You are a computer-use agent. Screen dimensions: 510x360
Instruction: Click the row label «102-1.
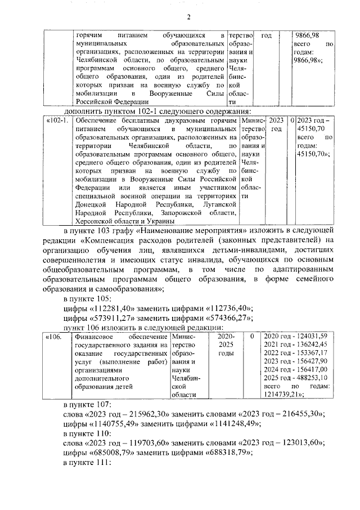(x=58, y=121)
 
